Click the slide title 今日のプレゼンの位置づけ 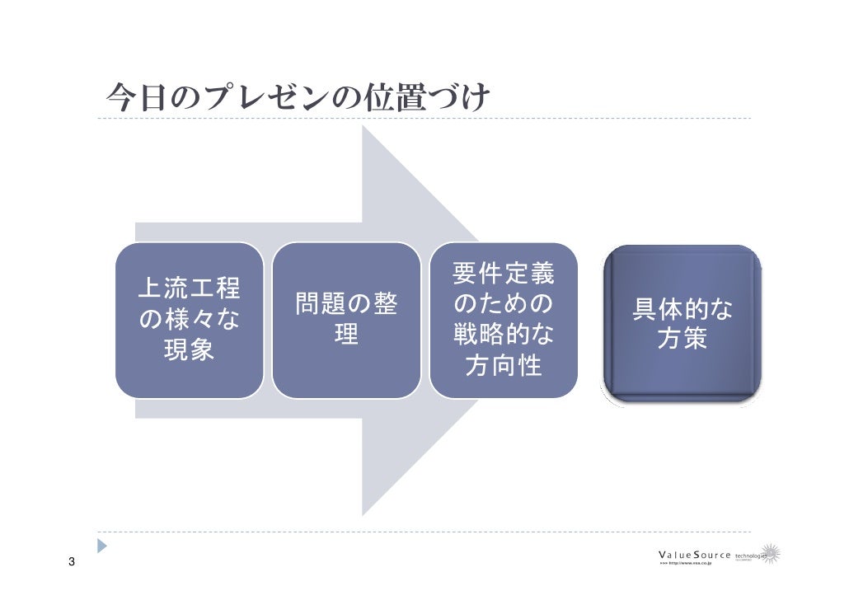point(298,99)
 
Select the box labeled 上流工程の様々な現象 point(189,320)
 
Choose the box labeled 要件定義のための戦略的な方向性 point(504,320)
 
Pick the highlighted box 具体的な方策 point(682,324)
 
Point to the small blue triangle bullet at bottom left point(102,546)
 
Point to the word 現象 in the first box point(189,351)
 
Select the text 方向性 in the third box point(504,366)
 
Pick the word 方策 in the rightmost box point(682,339)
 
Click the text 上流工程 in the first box point(189,288)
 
